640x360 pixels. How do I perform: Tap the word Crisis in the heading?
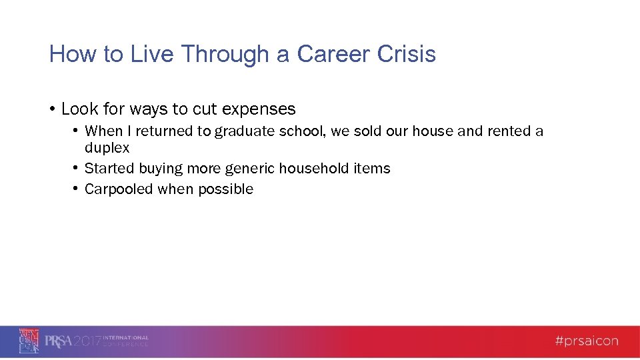pos(407,54)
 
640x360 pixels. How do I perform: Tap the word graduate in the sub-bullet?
pos(245,131)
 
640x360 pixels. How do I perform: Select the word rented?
pos(509,131)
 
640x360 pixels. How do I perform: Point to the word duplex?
pos(107,148)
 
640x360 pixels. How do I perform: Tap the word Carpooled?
pos(119,189)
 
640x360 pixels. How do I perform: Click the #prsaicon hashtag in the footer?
pos(587,341)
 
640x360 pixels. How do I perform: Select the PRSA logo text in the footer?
pos(58,341)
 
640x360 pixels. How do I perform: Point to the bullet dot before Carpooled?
pos(77,189)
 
